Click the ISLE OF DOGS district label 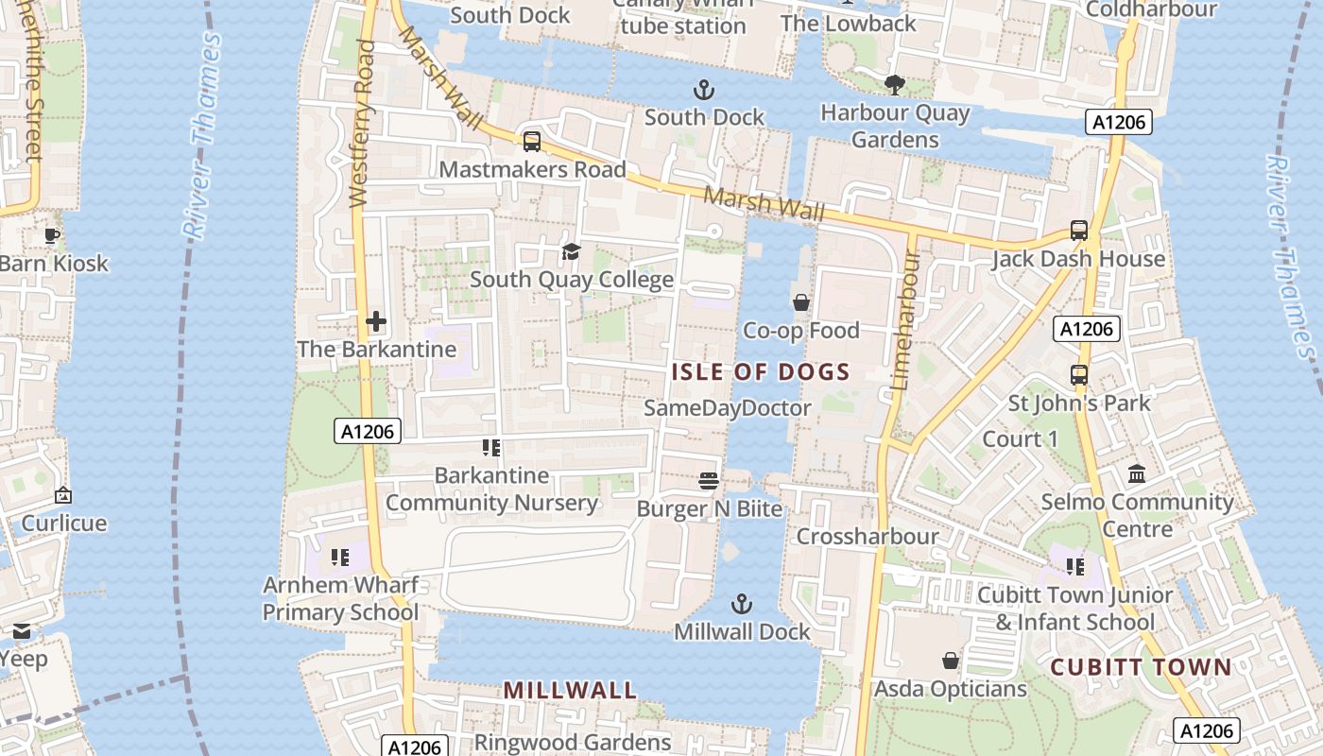click(x=761, y=371)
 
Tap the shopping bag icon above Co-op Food click(x=801, y=302)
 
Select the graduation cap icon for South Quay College click(x=571, y=251)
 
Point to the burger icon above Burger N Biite click(x=709, y=481)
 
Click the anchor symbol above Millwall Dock click(x=743, y=603)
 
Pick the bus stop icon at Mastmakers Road click(x=532, y=142)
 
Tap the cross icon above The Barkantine click(x=376, y=321)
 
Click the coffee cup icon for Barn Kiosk click(x=52, y=235)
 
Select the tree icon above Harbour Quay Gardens click(x=894, y=85)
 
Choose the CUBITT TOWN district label click(x=1141, y=667)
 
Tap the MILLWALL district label click(x=570, y=690)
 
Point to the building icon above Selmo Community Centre click(x=1137, y=473)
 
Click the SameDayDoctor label click(x=727, y=408)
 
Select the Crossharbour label click(x=868, y=537)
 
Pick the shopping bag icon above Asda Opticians click(x=951, y=661)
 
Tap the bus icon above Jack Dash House click(x=1078, y=231)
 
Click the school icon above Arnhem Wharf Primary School click(x=340, y=558)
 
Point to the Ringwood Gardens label click(x=572, y=742)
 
